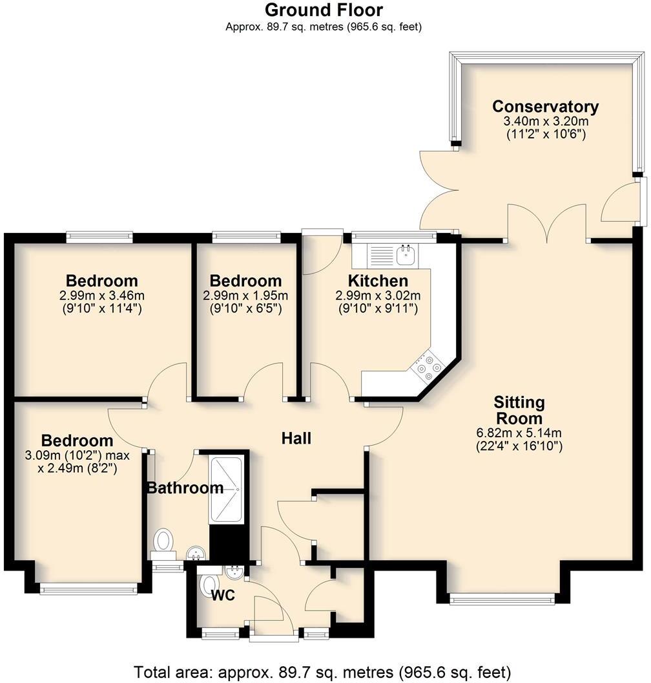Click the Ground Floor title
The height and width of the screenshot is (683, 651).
pyautogui.click(x=324, y=10)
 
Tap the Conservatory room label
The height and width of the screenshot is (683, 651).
pyautogui.click(x=545, y=107)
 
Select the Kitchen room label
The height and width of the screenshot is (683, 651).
pyautogui.click(x=378, y=281)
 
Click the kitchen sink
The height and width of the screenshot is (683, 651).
pyautogui.click(x=406, y=256)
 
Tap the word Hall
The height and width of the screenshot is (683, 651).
pyautogui.click(x=296, y=439)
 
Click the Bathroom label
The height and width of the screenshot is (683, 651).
pyautogui.click(x=185, y=488)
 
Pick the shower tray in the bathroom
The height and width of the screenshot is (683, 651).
pyautogui.click(x=226, y=491)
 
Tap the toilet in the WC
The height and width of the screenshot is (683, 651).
pyautogui.click(x=207, y=584)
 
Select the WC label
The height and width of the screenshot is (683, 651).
pyautogui.click(x=224, y=594)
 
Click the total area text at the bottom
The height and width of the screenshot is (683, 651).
pyautogui.click(x=322, y=670)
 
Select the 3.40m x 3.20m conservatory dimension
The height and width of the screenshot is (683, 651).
pyautogui.click(x=545, y=122)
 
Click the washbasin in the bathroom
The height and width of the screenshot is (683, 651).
pyautogui.click(x=196, y=552)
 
